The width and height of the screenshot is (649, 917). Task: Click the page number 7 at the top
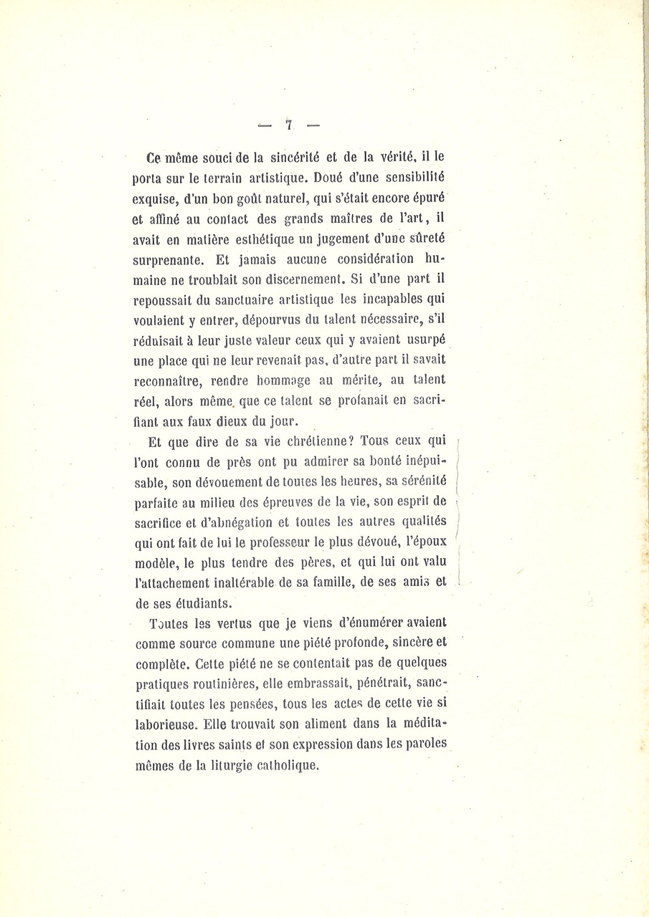pos(288,124)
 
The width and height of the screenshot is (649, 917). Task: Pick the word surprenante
pos(168,261)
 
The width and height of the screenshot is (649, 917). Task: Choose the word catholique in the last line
pos(288,765)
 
